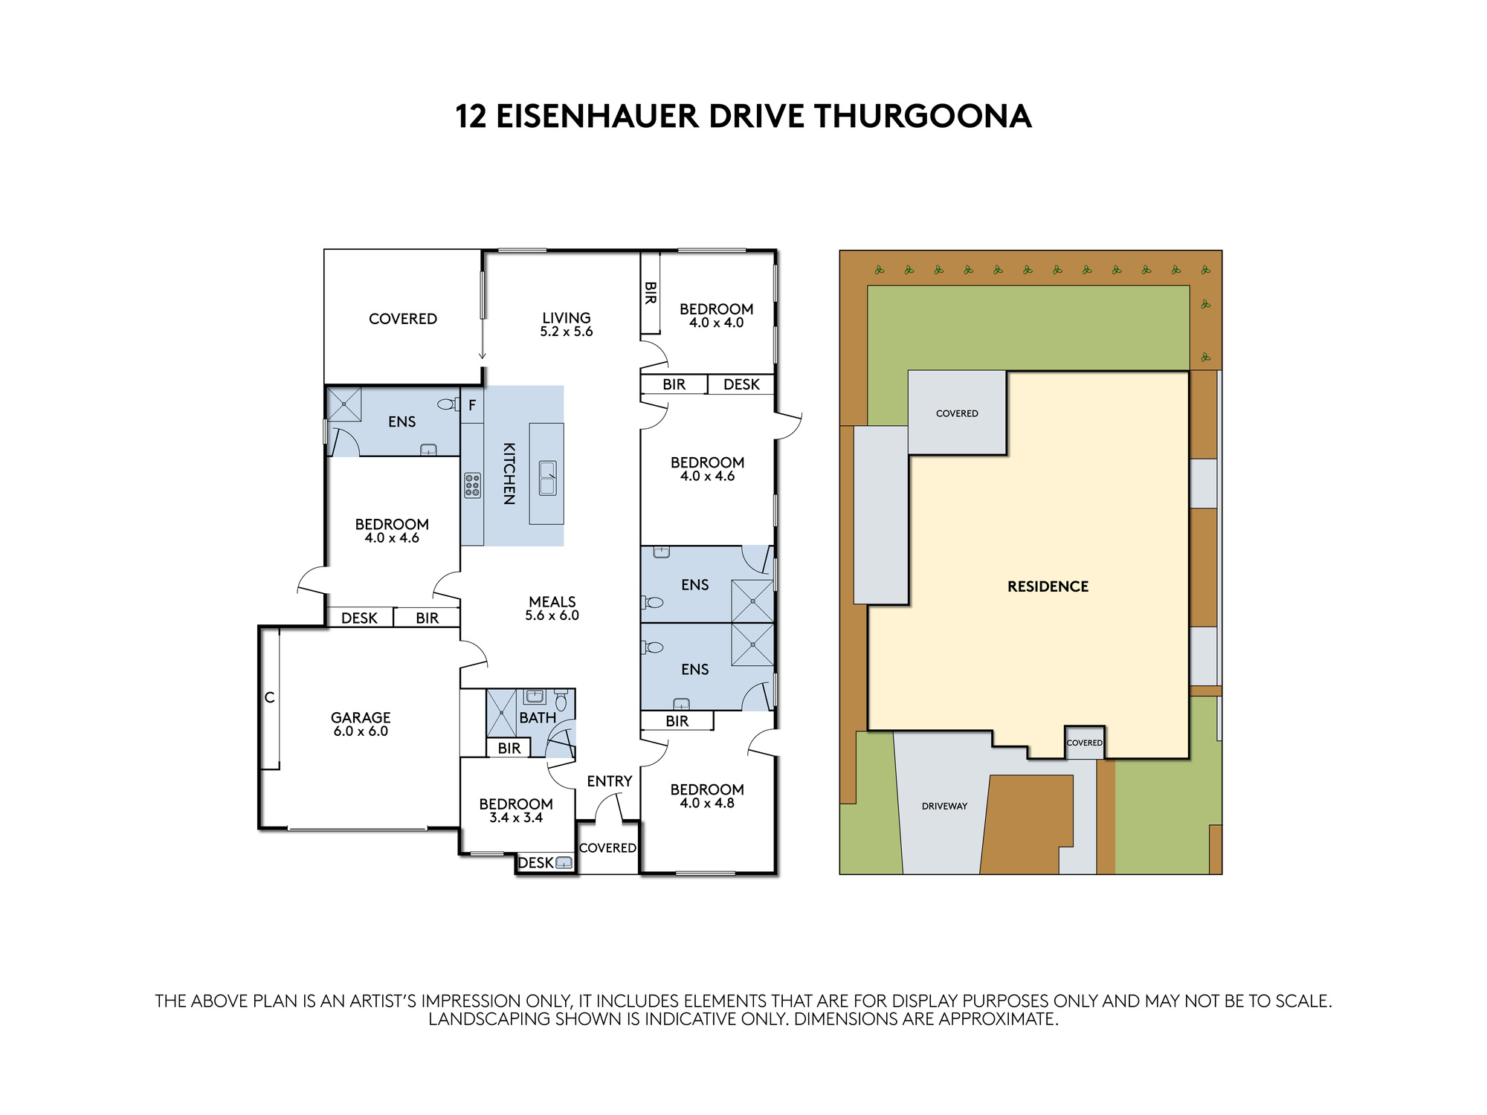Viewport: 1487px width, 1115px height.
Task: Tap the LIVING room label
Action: (x=566, y=318)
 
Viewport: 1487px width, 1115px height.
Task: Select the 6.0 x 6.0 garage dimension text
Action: (x=361, y=731)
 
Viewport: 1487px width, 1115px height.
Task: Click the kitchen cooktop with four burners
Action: (x=472, y=485)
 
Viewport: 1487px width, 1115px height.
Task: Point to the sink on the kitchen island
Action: (x=547, y=478)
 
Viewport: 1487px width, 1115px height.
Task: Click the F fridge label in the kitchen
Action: (x=471, y=406)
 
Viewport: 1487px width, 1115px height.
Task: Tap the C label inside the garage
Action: (x=269, y=697)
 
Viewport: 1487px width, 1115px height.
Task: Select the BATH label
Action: (x=537, y=718)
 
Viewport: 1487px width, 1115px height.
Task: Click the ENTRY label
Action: (x=609, y=781)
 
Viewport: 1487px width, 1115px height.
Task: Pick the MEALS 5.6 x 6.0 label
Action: (x=552, y=608)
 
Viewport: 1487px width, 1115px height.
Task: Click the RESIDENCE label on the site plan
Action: (x=1048, y=586)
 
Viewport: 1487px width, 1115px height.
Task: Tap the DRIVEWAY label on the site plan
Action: (x=944, y=806)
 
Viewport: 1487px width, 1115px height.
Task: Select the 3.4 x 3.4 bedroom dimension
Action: (x=516, y=818)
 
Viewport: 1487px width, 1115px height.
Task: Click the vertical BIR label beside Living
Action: (x=650, y=293)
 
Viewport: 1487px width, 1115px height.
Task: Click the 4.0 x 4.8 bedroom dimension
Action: (x=706, y=804)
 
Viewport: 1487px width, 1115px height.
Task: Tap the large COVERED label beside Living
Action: (x=402, y=319)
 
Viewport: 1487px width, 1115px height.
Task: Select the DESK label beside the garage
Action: (x=359, y=618)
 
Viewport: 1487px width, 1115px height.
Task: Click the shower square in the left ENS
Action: (x=344, y=404)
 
